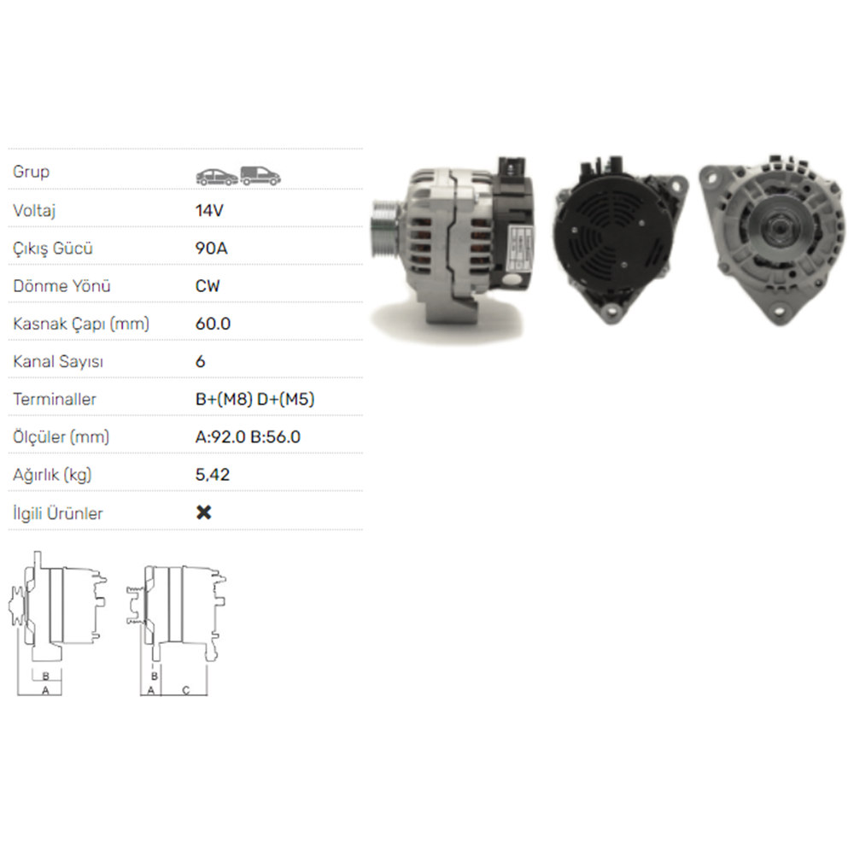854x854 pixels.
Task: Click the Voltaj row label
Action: point(34,210)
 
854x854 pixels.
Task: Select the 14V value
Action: point(209,210)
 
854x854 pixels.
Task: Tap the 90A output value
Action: point(211,249)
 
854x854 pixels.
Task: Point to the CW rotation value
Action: point(208,286)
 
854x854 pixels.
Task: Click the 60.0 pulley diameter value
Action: point(213,324)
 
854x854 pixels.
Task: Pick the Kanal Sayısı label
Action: point(58,361)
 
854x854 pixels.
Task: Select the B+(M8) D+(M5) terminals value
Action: point(254,399)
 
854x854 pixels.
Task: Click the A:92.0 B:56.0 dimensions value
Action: point(248,436)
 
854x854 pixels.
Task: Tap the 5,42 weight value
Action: point(213,475)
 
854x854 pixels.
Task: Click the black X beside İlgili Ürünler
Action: point(204,512)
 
